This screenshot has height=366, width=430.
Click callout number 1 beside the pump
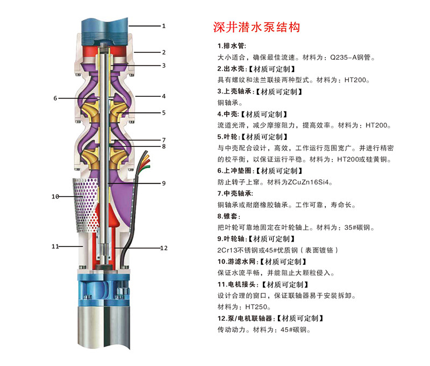point(164,25)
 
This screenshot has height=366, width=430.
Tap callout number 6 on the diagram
point(55,98)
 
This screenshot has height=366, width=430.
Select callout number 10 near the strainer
point(55,196)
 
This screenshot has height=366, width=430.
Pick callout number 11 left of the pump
point(55,247)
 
